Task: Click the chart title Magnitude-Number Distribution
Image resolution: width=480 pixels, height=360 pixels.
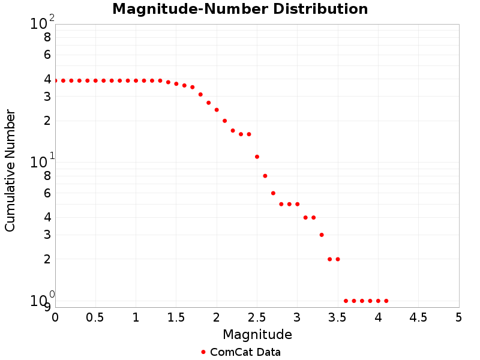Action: [240, 10]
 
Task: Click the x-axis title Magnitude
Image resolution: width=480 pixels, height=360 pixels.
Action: [257, 334]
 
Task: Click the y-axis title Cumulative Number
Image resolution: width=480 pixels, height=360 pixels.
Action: [10, 170]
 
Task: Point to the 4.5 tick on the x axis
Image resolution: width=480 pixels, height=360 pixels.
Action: [419, 317]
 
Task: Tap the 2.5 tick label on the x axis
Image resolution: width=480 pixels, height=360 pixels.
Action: [257, 317]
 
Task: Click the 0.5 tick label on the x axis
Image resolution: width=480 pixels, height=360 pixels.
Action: [95, 317]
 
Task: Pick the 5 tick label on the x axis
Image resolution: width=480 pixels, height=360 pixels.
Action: [459, 317]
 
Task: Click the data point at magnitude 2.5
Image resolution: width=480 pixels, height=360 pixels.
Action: [257, 157]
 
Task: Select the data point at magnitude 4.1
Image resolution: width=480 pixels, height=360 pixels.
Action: [386, 301]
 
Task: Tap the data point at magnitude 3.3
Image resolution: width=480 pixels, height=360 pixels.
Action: [322, 235]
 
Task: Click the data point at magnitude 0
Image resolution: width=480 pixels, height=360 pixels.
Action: [55, 80]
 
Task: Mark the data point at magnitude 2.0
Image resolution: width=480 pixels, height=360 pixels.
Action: [217, 110]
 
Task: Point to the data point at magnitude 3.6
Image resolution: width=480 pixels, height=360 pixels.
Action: [346, 301]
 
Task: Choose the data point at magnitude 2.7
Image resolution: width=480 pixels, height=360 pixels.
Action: [273, 193]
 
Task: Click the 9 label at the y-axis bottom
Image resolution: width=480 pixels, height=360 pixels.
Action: [47, 307]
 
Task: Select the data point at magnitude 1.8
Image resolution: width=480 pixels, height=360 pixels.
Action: [200, 94]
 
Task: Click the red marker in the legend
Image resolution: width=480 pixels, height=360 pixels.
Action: [203, 352]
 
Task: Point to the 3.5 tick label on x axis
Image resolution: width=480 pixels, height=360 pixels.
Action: [338, 317]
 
